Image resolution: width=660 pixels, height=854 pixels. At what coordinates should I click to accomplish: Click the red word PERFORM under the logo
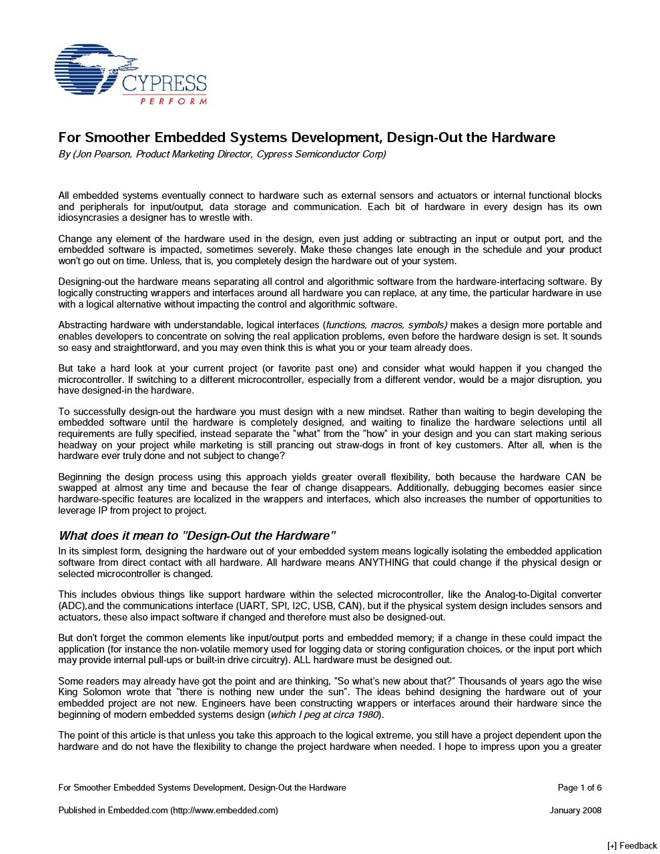tap(174, 101)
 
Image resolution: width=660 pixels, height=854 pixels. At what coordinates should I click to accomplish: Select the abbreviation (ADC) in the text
tap(72, 606)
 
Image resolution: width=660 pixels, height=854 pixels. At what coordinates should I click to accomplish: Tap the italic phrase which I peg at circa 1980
tap(324, 715)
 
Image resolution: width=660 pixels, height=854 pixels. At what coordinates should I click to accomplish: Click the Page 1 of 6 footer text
tap(579, 787)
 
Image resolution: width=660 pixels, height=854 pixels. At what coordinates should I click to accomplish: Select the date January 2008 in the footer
tap(575, 810)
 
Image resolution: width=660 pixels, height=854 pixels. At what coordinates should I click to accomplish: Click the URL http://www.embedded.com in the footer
tap(224, 810)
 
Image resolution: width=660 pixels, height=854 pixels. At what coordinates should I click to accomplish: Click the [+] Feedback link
tap(632, 845)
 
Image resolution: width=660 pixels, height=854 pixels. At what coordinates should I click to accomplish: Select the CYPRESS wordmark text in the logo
tap(164, 83)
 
